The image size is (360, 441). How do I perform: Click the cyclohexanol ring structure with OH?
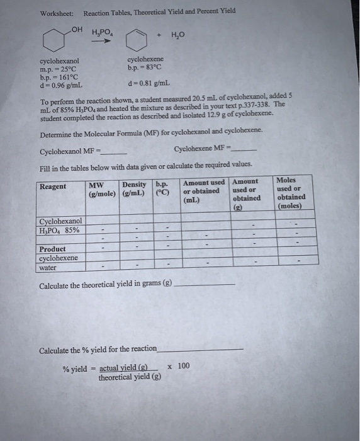click(55, 40)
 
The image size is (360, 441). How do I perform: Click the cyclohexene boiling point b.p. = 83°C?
click(145, 67)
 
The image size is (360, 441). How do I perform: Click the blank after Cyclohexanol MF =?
click(114, 152)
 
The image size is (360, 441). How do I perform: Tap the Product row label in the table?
click(52, 249)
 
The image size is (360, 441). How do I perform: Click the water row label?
click(48, 267)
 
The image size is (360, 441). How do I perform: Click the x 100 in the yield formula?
click(178, 365)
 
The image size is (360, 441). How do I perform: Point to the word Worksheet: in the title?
click(57, 13)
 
